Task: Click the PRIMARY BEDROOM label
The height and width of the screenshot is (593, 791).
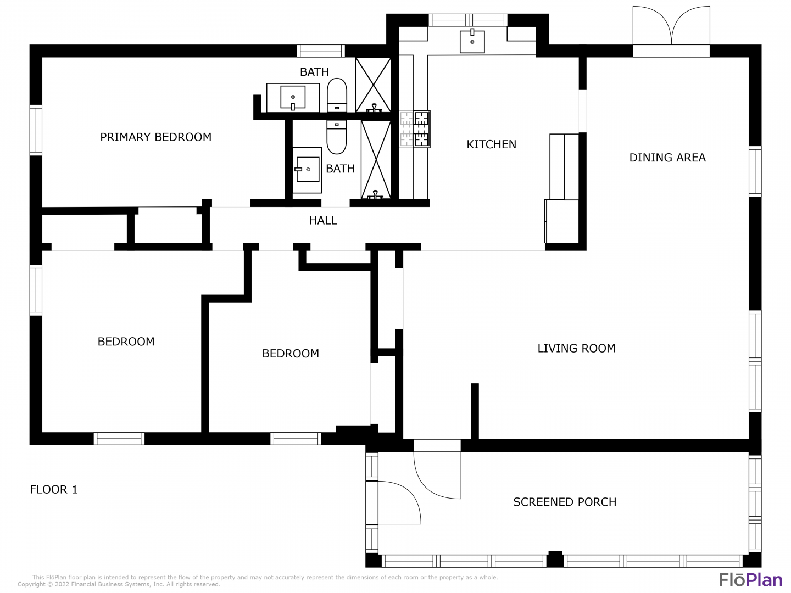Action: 155,137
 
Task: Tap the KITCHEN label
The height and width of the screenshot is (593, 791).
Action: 491,144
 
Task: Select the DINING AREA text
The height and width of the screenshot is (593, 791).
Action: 667,158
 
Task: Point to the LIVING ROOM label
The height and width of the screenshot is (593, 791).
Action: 576,348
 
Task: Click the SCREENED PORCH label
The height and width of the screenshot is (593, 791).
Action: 565,502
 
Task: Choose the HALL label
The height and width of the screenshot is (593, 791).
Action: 323,220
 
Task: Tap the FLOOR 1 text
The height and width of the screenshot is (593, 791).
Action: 54,489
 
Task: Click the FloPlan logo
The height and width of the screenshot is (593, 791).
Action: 751,580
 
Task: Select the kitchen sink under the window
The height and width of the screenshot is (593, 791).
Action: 472,41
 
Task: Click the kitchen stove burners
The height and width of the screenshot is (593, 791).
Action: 415,129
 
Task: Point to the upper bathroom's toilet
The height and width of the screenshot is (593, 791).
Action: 337,95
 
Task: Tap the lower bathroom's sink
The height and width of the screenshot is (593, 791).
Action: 307,170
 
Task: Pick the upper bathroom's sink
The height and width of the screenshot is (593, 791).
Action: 293,98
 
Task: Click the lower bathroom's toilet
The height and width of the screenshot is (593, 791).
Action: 337,137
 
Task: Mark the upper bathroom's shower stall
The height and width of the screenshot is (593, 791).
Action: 373,85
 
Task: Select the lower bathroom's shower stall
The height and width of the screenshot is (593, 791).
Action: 376,160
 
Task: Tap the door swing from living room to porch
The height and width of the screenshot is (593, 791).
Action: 437,475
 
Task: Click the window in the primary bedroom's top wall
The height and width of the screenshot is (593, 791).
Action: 321,51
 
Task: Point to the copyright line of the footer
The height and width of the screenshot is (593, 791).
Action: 119,584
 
